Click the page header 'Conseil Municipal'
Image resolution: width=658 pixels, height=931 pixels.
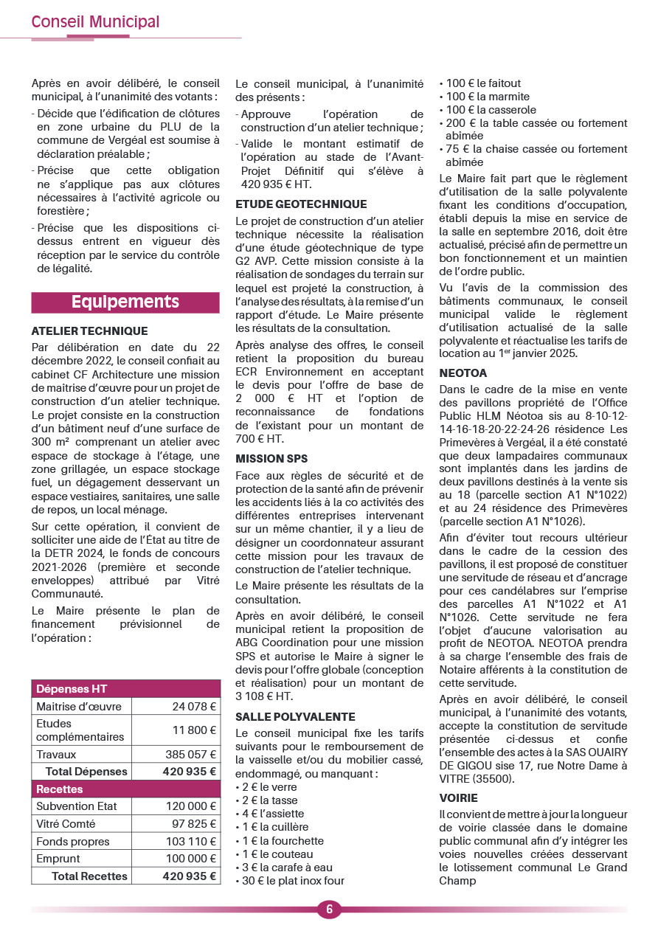pos(95,22)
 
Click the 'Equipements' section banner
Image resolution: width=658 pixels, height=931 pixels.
pos(125,302)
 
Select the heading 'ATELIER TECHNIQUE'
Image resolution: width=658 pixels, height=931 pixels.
pos(89,331)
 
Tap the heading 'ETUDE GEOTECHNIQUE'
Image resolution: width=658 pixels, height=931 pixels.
pos(301,204)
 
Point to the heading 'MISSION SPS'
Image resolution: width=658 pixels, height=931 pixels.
pos(271,459)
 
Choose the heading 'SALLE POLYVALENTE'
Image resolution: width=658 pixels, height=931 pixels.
pos(295,716)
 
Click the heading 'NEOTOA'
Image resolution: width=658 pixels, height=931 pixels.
pos(463,373)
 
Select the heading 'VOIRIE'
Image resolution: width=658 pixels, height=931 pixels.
pos(458,797)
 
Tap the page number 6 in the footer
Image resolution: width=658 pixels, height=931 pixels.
pos(329,909)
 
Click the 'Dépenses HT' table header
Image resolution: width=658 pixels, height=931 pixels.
pos(72,689)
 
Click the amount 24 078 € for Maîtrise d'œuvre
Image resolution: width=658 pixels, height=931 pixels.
pos(194,706)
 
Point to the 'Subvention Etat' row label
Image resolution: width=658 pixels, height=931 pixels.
pos(77,806)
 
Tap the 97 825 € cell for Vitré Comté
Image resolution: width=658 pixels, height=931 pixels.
pos(194,824)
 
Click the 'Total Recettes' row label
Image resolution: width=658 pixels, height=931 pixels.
pos(89,876)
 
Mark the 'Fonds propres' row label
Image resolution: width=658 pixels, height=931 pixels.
pos(73,842)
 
